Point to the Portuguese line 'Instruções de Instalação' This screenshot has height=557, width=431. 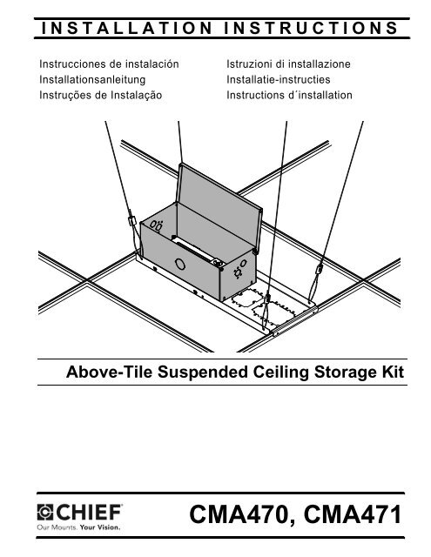tap(100, 92)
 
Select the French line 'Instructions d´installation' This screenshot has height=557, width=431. tap(284, 92)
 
